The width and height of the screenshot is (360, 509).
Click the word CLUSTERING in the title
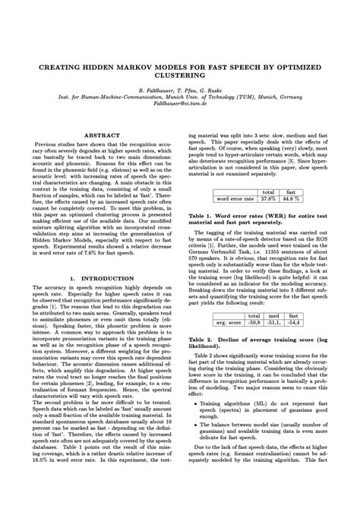(x=180, y=77)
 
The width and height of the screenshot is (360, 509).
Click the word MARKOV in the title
(x=147, y=67)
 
